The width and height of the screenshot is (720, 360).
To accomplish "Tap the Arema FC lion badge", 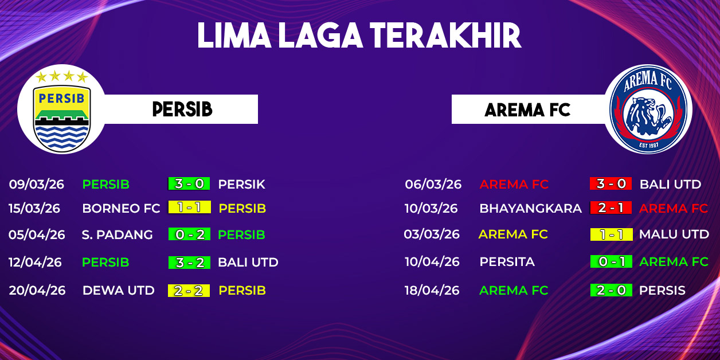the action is pyautogui.click(x=648, y=109).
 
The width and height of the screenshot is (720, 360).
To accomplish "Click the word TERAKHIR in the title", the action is pyautogui.click(x=445, y=36).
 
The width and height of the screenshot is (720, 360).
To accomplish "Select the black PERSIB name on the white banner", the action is pyautogui.click(x=182, y=109).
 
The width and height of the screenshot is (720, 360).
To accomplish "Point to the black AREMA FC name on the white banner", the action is pyautogui.click(x=527, y=110).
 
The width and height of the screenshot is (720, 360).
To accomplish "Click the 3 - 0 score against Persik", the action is pyautogui.click(x=189, y=183).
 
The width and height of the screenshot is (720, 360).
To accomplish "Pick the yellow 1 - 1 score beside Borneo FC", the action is pyautogui.click(x=189, y=208).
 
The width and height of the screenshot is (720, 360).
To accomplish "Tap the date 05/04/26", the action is pyautogui.click(x=37, y=234).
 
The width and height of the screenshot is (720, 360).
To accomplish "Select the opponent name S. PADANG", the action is pyautogui.click(x=118, y=234).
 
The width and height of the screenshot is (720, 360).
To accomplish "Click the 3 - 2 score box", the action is pyautogui.click(x=189, y=263).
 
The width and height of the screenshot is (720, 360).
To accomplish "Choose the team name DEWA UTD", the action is pyautogui.click(x=119, y=291).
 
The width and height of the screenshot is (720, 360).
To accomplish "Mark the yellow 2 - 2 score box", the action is pyautogui.click(x=189, y=291).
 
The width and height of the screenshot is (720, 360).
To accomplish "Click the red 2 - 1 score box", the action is pyautogui.click(x=611, y=208).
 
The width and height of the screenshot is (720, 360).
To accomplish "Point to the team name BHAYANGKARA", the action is pyautogui.click(x=530, y=208).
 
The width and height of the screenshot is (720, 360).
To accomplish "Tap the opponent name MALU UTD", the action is pyautogui.click(x=674, y=234).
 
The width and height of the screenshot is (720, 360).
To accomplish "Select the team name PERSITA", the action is pyautogui.click(x=507, y=261).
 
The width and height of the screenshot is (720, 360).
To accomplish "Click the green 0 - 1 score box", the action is pyautogui.click(x=611, y=261).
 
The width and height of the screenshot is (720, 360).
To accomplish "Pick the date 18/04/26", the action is pyautogui.click(x=432, y=290).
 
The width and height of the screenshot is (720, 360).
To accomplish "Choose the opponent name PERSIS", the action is pyautogui.click(x=662, y=290).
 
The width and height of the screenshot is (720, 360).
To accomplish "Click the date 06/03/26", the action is pyautogui.click(x=433, y=184).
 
